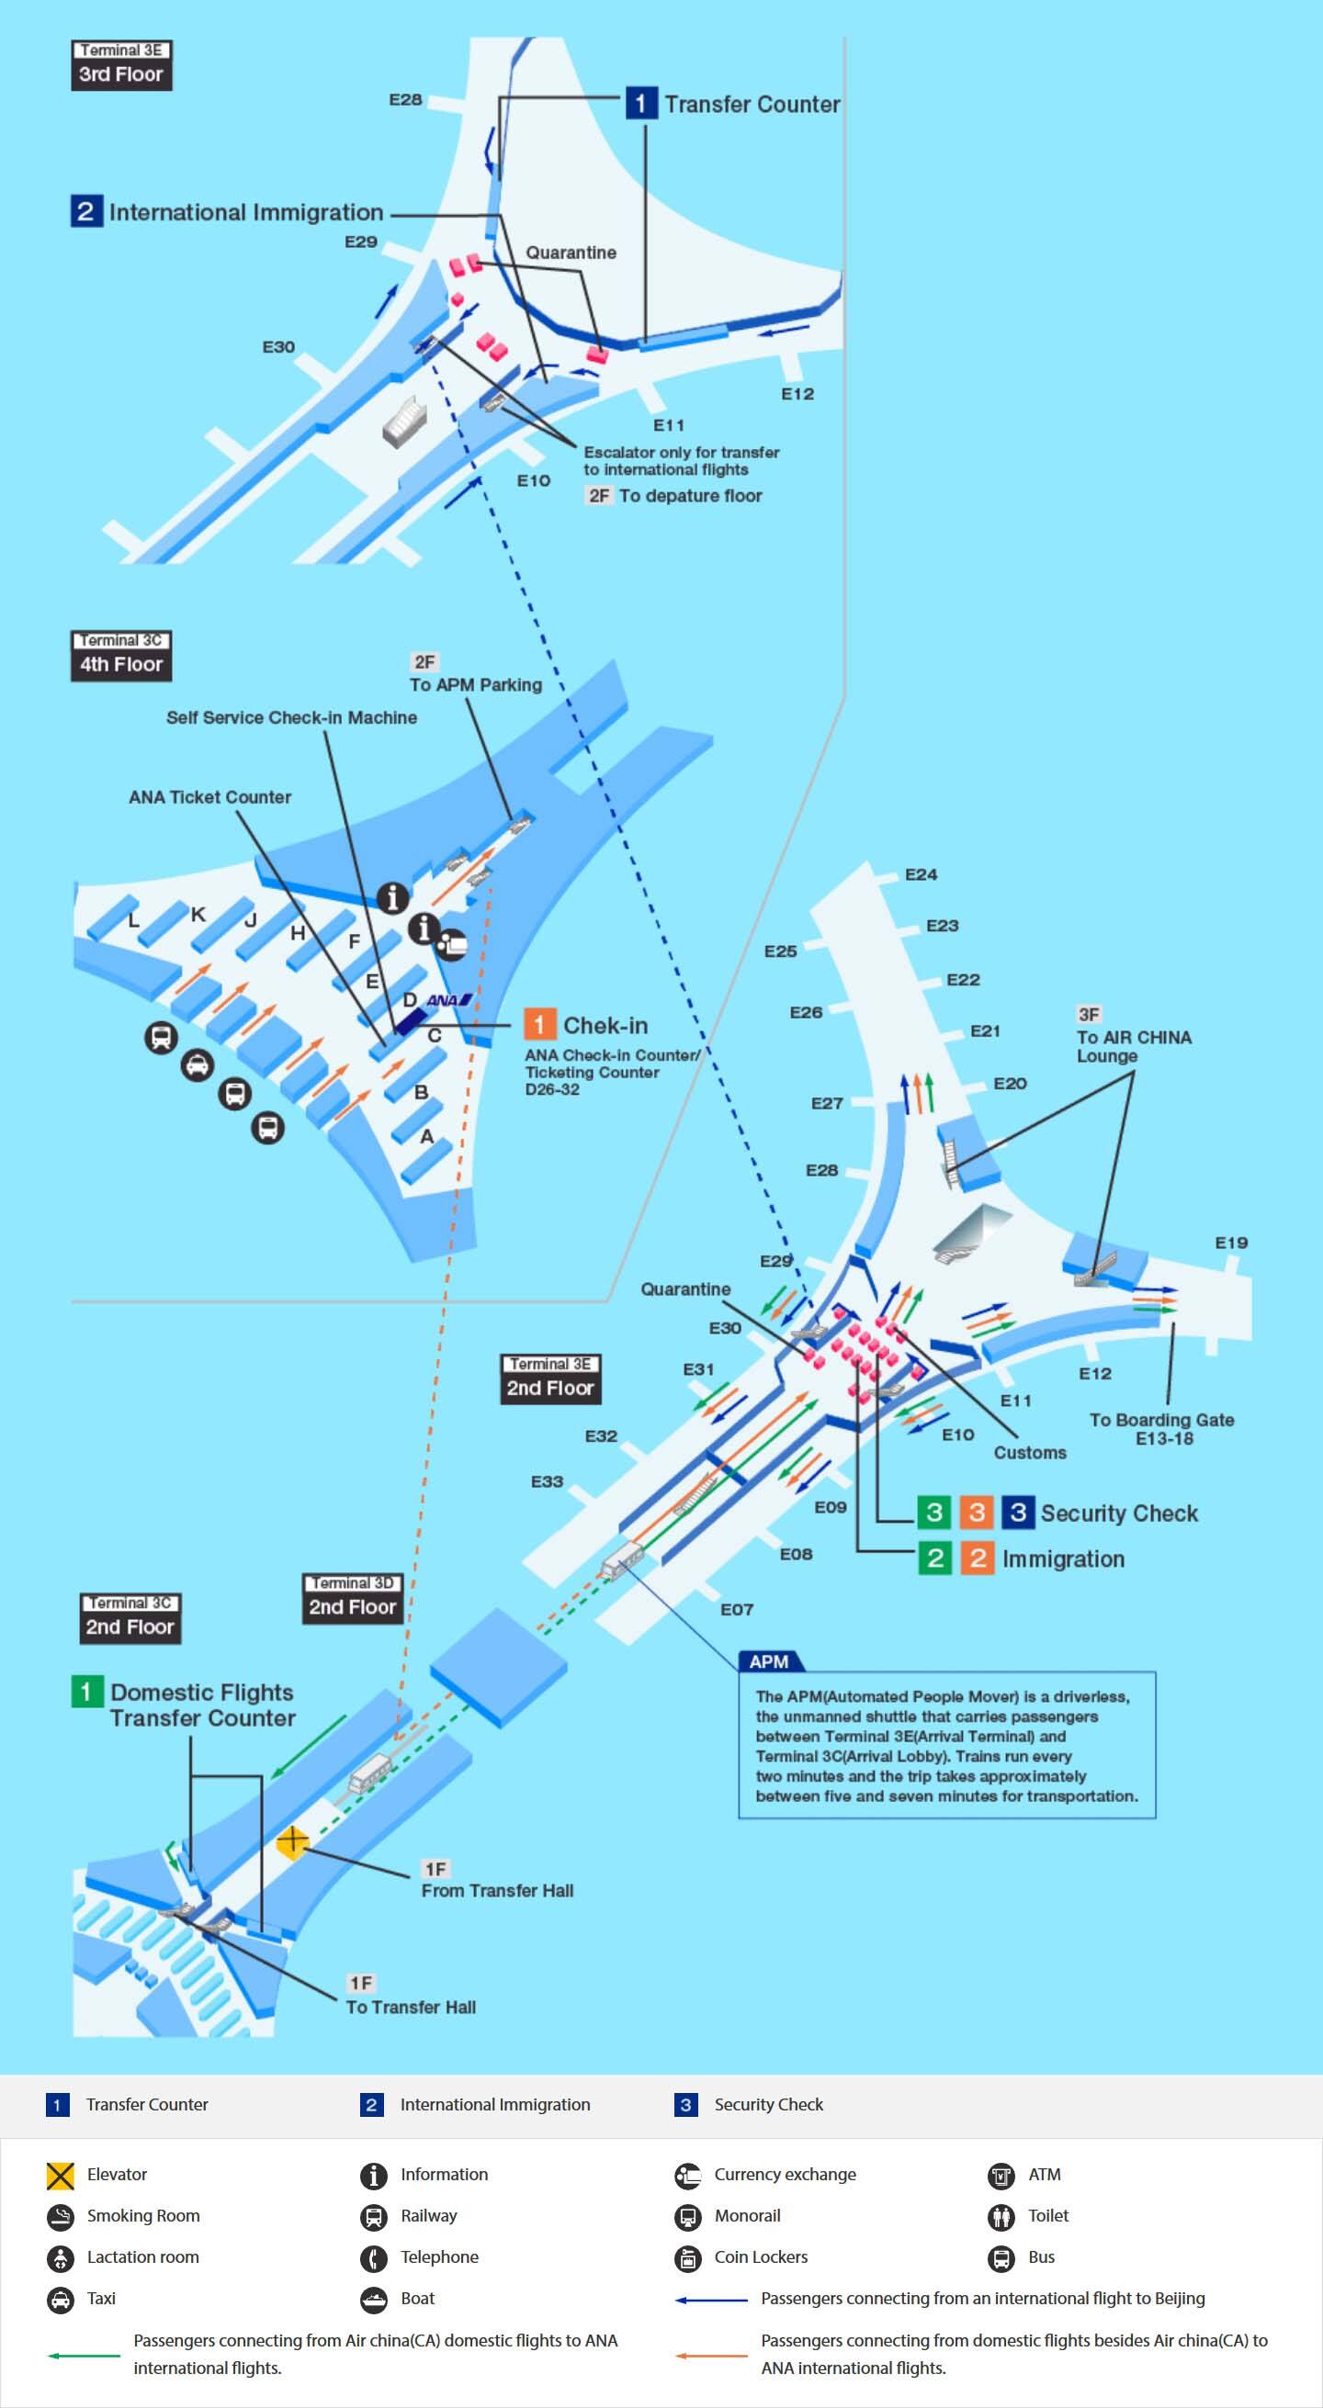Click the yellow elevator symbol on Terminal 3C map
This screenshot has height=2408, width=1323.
[293, 1840]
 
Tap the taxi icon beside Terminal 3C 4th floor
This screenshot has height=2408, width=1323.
[197, 1064]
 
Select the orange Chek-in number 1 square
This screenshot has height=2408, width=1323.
[539, 1025]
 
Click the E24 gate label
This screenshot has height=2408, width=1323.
[920, 874]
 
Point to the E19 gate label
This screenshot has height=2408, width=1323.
[1230, 1243]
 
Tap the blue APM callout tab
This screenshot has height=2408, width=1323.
[770, 1660]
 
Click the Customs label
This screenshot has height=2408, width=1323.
[1029, 1452]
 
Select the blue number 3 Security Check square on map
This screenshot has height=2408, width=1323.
[1018, 1512]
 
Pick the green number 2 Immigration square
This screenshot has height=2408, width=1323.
[934, 1558]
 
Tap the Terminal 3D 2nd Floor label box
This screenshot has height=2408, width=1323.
[353, 1598]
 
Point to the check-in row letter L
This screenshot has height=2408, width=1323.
[134, 921]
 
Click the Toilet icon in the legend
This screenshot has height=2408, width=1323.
[1001, 2215]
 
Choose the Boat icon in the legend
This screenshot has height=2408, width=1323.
[374, 2299]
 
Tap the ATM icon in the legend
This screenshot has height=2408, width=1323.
[1001, 2175]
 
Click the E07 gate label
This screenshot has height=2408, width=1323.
[736, 1609]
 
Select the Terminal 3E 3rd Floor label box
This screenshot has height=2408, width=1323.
[121, 65]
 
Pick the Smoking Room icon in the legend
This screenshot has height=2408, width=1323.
[61, 2215]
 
